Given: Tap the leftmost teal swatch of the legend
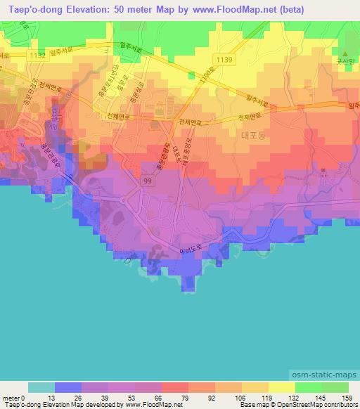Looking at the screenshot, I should [x=41, y=387].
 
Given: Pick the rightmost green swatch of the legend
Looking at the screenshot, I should [x=335, y=387].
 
